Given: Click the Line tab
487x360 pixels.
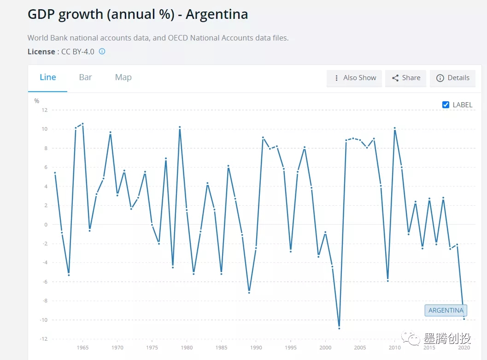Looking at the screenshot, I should [x=48, y=77].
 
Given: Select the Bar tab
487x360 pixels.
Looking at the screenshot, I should [x=85, y=77].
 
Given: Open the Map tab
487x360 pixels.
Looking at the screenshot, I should [x=123, y=77].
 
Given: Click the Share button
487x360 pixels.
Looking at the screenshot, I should [x=406, y=78].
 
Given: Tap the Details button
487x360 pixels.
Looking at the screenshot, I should [x=452, y=78].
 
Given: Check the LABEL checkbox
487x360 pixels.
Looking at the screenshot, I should [x=446, y=105].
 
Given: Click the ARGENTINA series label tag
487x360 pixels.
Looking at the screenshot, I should [x=446, y=310].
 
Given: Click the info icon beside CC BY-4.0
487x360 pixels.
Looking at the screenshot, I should [x=102, y=52].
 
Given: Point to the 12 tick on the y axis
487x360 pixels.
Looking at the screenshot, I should [x=45, y=110].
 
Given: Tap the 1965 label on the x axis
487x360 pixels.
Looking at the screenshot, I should [x=82, y=348].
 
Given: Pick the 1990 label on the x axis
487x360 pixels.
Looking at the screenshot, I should [x=256, y=348].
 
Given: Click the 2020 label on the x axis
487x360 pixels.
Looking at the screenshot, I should [x=464, y=348].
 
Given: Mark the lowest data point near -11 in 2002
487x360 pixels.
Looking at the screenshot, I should [x=339, y=328].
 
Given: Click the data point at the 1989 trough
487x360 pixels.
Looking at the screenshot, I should [x=249, y=292].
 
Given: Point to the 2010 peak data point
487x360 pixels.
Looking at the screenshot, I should [x=394, y=128].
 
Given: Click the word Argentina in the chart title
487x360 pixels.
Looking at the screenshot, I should [x=217, y=15].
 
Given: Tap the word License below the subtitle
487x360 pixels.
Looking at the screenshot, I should [x=41, y=52].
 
